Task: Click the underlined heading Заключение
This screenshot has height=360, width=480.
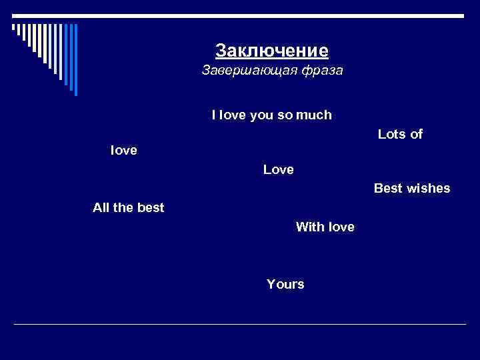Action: pyautogui.click(x=272, y=51)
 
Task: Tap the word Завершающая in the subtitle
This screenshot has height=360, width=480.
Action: pyautogui.click(x=243, y=71)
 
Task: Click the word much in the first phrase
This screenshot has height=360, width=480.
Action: pyautogui.click(x=315, y=115)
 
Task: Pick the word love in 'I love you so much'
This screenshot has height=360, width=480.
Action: pyautogui.click(x=232, y=115)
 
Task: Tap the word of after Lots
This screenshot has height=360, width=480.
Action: pyautogui.click(x=417, y=135)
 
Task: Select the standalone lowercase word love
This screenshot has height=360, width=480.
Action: pyautogui.click(x=123, y=151)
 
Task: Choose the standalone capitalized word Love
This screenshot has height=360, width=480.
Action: pyautogui.click(x=278, y=170)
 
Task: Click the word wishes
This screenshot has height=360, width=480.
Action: pyautogui.click(x=428, y=189)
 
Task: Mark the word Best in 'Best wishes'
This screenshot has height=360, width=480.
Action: pyautogui.click(x=388, y=189)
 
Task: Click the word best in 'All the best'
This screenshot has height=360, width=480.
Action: pyautogui.click(x=150, y=208)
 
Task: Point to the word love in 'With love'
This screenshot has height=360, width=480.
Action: pyautogui.click(x=341, y=227)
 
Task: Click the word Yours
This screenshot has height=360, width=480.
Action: pyautogui.click(x=285, y=285)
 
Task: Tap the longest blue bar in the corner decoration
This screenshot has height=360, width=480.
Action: pyautogui.click(x=75, y=60)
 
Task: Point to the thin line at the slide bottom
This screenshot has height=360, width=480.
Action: pyautogui.click(x=240, y=325)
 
